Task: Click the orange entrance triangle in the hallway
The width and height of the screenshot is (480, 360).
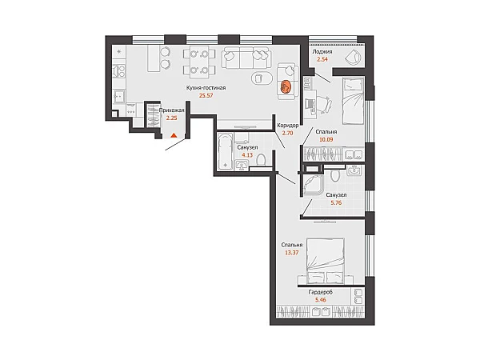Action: (x=174, y=135)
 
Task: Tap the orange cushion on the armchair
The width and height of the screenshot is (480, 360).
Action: (x=286, y=86)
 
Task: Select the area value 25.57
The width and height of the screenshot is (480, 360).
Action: (x=206, y=95)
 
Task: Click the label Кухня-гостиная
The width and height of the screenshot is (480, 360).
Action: (x=206, y=88)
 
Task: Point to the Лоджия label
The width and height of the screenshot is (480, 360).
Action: (x=322, y=52)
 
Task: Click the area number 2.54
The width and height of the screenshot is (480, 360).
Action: (x=322, y=59)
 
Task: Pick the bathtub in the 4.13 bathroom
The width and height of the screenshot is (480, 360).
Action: (x=226, y=151)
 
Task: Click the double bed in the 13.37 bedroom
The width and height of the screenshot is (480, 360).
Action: (x=326, y=261)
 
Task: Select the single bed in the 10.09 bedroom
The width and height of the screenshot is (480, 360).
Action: (x=353, y=101)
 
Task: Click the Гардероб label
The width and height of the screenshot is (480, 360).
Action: (x=321, y=292)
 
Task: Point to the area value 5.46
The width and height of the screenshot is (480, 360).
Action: (x=321, y=300)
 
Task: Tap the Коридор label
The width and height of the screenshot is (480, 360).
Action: (x=288, y=126)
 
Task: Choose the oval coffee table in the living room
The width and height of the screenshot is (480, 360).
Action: (x=262, y=78)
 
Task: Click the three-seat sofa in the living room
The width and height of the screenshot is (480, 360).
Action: (x=246, y=58)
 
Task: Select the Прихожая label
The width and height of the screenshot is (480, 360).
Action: (x=171, y=110)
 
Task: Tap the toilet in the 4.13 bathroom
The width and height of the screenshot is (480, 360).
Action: (x=261, y=160)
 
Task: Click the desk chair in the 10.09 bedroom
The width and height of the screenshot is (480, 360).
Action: (x=324, y=102)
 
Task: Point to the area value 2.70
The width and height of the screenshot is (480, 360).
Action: (x=288, y=133)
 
